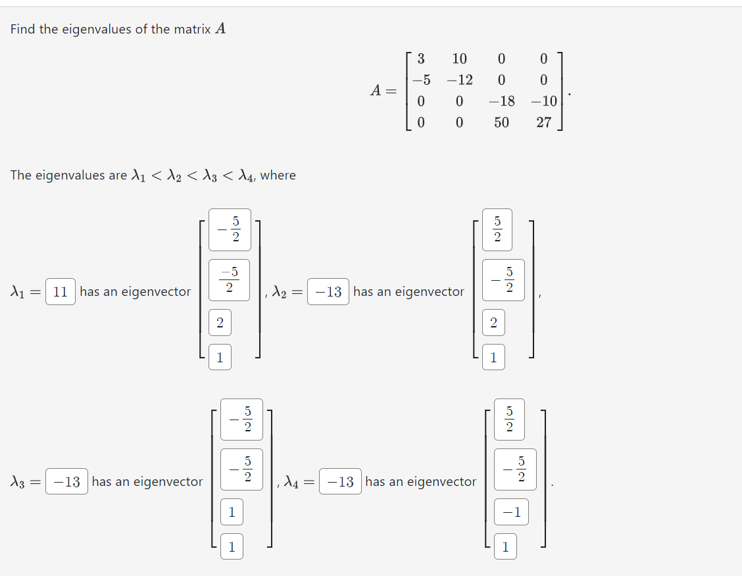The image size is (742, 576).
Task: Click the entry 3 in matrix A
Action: tap(421, 59)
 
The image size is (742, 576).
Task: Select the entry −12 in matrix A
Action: tap(459, 80)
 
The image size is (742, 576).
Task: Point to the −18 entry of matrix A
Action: tap(501, 101)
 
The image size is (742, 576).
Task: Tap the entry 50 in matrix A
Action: tap(501, 122)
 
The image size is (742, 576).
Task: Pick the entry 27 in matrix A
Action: tap(543, 122)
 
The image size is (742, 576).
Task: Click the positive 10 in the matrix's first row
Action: tap(459, 59)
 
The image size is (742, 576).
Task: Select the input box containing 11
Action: tap(61, 291)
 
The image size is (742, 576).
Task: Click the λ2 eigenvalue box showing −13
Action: tap(328, 291)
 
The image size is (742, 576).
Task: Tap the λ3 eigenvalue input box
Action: tap(67, 482)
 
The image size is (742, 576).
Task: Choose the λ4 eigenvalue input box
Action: tap(340, 482)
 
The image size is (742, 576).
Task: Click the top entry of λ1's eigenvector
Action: tap(230, 229)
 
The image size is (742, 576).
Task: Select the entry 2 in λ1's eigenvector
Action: tap(220, 323)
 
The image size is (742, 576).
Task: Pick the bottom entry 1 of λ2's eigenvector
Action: tap(493, 358)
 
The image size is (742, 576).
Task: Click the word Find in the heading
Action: tap(22, 29)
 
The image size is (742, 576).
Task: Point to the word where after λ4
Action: tap(278, 176)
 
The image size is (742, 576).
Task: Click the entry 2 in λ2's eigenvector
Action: tap(493, 323)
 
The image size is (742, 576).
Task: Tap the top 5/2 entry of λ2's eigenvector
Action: tap(497, 229)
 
